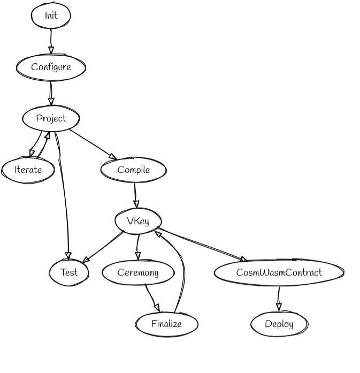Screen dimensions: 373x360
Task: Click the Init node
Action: point(51,16)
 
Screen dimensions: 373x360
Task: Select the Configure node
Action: point(51,67)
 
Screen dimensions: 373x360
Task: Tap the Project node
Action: point(51,118)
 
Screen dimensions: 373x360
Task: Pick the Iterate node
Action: point(28,170)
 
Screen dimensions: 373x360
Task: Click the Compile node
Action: point(133,170)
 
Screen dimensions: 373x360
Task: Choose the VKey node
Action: point(138,221)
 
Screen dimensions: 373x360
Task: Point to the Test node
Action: point(68,272)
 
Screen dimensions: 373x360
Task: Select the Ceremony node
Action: point(138,272)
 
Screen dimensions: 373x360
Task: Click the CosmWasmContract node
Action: point(279,272)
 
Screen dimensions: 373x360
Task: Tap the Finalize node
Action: point(166,324)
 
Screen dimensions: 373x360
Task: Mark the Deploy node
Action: point(279,324)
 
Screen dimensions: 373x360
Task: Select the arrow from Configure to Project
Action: point(51,93)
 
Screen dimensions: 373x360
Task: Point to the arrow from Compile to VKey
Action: point(135,195)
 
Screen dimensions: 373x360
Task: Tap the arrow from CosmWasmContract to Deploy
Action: point(279,298)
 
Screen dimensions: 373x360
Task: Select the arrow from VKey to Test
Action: point(103,247)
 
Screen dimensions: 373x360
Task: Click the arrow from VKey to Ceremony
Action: point(138,247)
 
